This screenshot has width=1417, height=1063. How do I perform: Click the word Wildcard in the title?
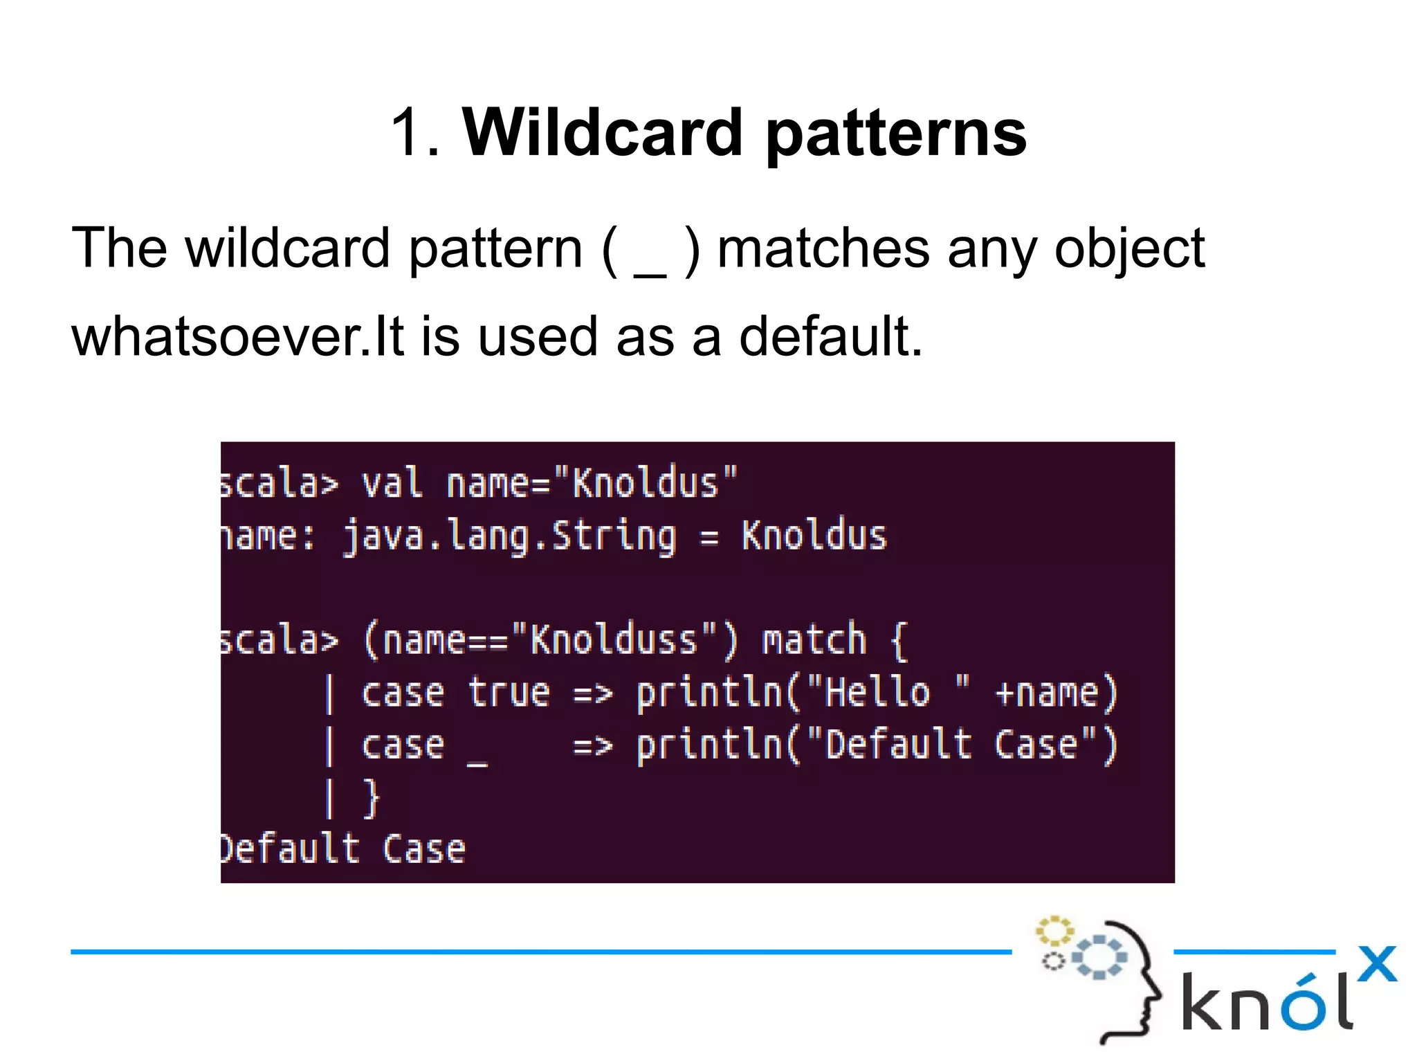point(602,133)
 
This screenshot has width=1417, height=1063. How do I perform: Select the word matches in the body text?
point(823,249)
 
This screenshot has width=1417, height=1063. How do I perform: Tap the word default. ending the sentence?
point(831,337)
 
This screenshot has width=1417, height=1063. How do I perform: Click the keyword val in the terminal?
point(392,483)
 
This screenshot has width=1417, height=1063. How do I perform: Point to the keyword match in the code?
point(814,639)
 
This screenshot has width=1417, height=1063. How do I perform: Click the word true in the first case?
point(509,693)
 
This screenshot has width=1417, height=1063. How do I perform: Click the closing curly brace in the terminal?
point(372,799)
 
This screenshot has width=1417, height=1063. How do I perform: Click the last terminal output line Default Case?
point(342,850)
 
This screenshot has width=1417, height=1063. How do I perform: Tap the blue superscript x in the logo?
point(1377,964)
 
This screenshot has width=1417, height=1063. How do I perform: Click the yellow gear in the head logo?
point(1054,931)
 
